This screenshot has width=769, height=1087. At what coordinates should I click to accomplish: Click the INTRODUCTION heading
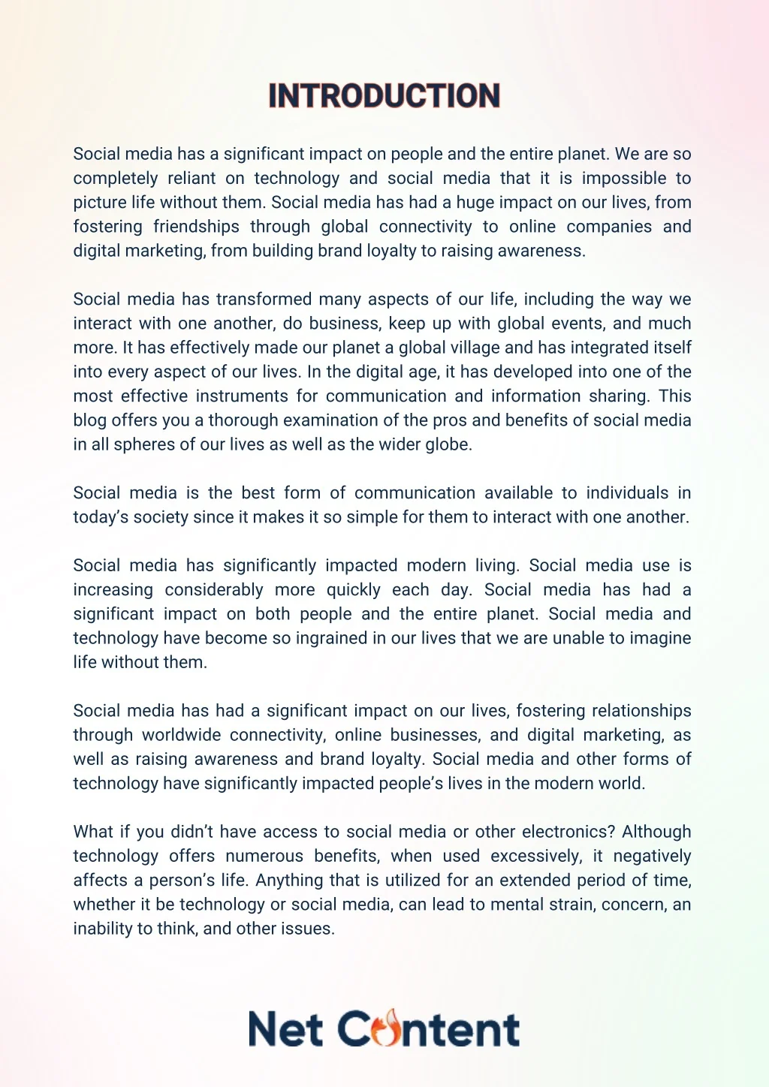tap(384, 96)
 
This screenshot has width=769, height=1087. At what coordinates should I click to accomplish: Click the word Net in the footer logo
tap(286, 1029)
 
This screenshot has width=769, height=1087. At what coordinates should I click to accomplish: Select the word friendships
tap(196, 227)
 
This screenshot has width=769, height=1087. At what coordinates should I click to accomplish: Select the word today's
tap(101, 517)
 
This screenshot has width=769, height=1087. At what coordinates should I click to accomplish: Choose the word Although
tap(656, 832)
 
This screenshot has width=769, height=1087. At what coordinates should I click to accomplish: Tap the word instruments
tap(242, 396)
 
